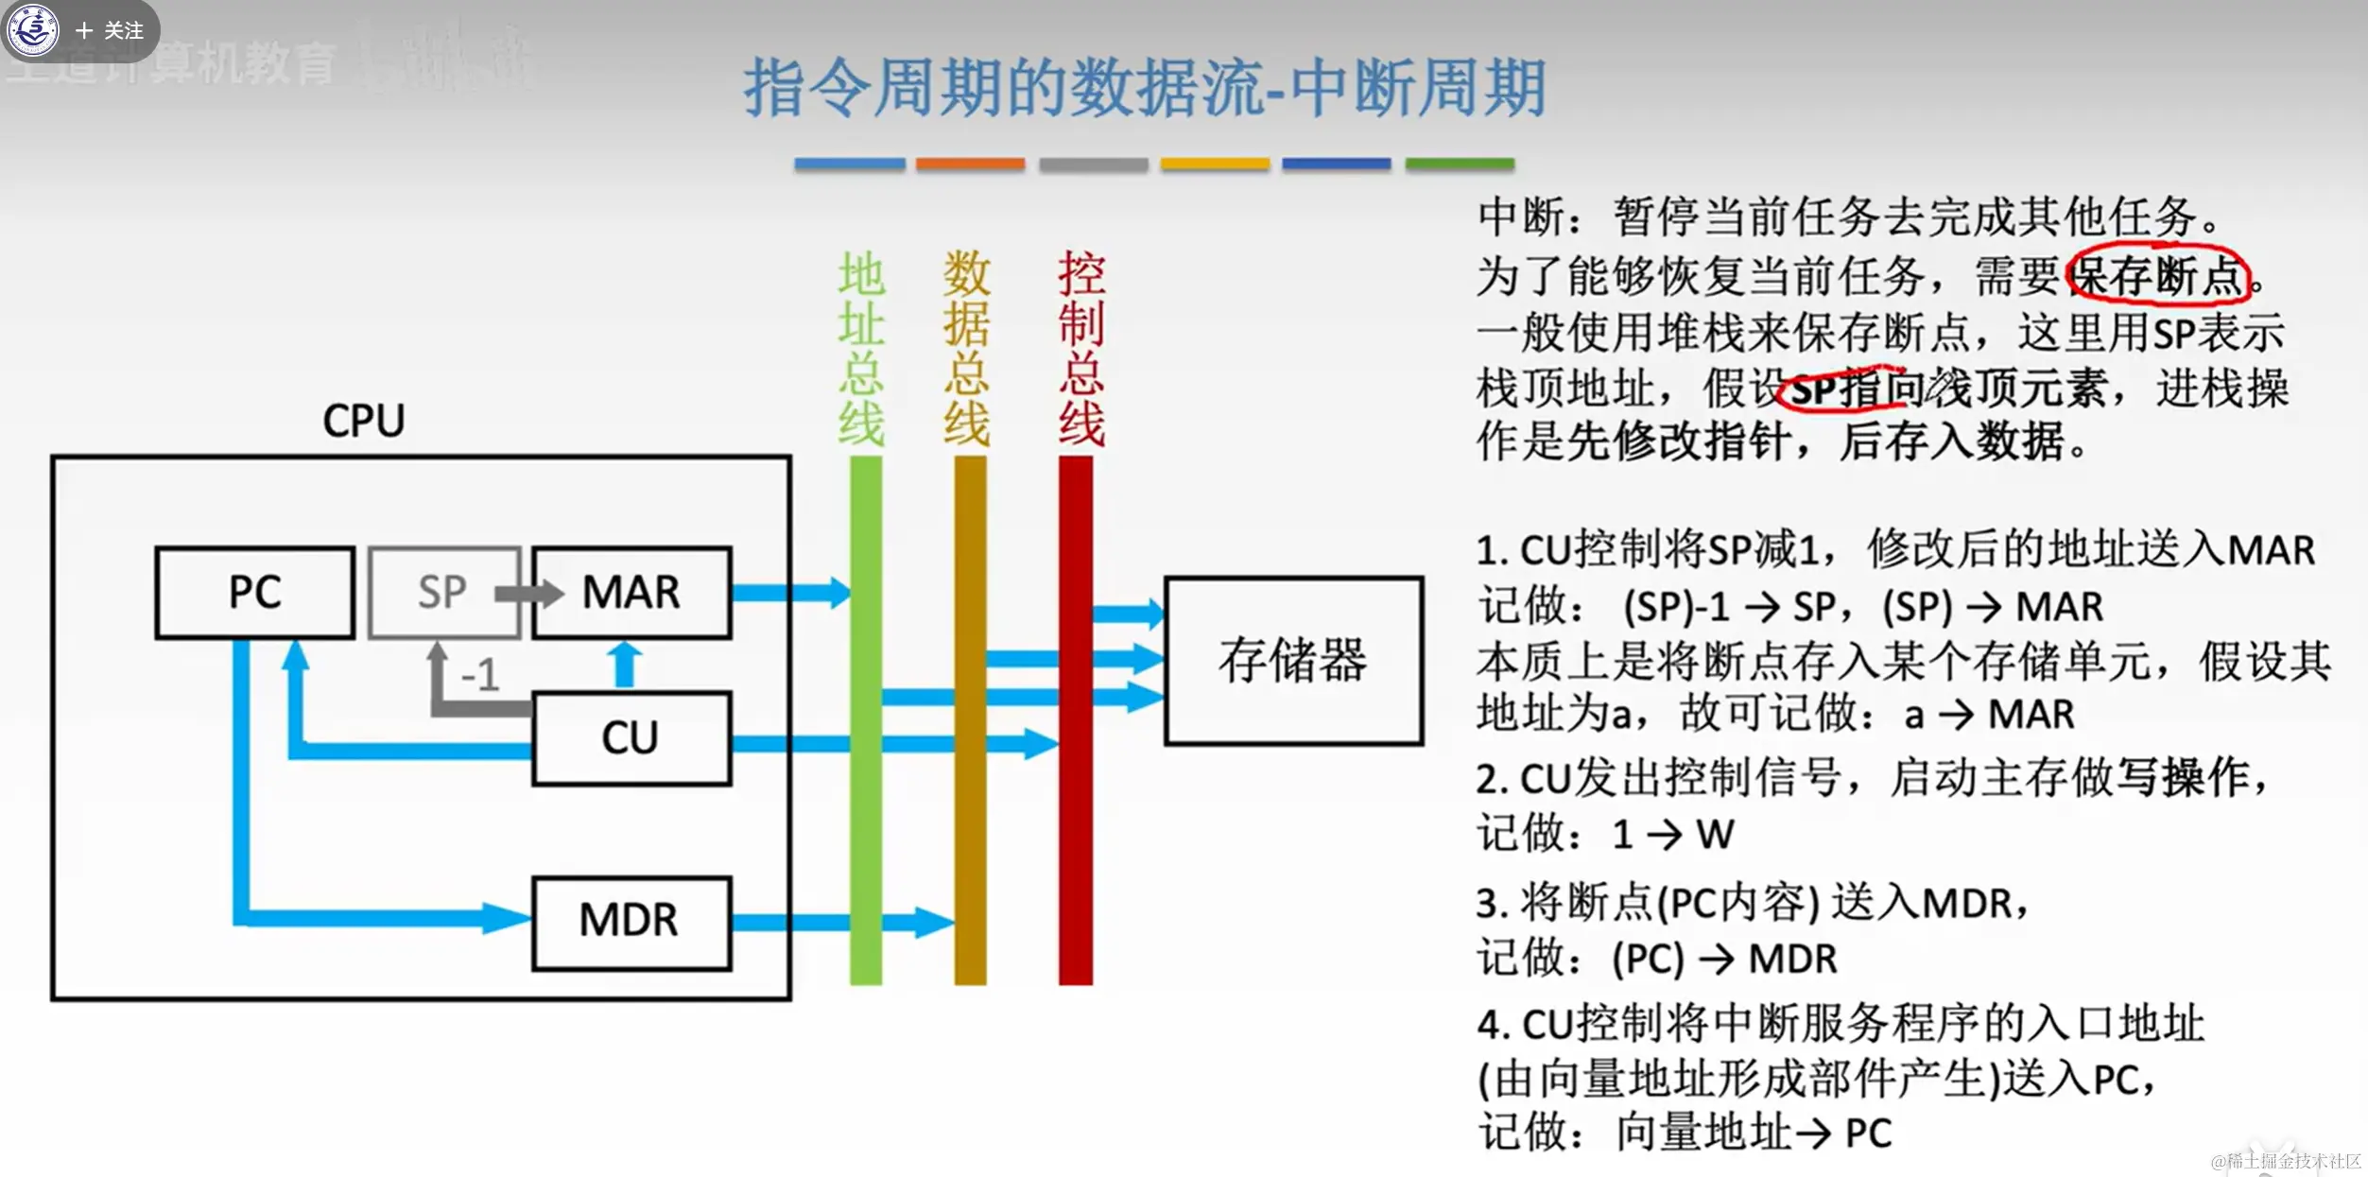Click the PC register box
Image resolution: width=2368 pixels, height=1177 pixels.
pyautogui.click(x=254, y=593)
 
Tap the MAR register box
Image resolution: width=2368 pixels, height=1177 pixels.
pyautogui.click(x=631, y=593)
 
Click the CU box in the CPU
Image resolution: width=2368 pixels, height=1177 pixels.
pyautogui.click(x=631, y=738)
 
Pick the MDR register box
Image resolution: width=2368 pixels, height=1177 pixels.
pyautogui.click(x=631, y=922)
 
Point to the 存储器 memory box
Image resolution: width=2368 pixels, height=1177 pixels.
pyautogui.click(x=1293, y=661)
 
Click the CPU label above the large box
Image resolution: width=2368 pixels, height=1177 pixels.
pyautogui.click(x=364, y=421)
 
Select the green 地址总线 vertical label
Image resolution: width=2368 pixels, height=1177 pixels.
pyautogui.click(x=861, y=349)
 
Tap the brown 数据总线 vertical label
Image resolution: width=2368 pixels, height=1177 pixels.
pyautogui.click(x=967, y=349)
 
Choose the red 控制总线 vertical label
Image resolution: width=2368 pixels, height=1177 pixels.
pyautogui.click(x=1081, y=349)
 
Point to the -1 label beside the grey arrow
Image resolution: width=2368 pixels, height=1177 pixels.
pyautogui.click(x=480, y=675)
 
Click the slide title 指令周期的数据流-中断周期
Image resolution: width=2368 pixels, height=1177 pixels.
pyautogui.click(x=1144, y=88)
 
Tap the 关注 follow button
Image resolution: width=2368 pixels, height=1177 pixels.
pyautogui.click(x=111, y=31)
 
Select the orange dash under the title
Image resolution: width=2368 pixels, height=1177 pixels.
pyautogui.click(x=970, y=164)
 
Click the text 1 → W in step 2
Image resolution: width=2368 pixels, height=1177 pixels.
pyautogui.click(x=1673, y=835)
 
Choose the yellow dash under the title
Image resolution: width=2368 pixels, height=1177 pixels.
pyautogui.click(x=1215, y=164)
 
